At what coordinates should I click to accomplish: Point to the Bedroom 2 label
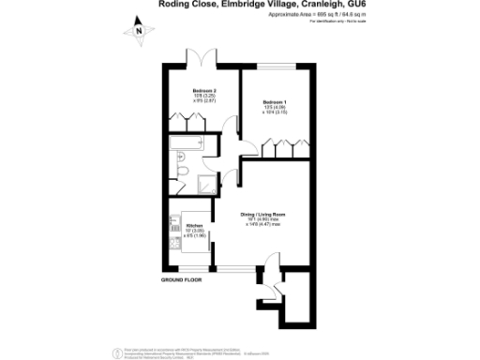point(204,91)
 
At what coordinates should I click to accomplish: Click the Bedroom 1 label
point(275,101)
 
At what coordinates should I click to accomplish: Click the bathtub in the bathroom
point(186,145)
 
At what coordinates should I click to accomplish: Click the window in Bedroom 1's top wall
point(275,65)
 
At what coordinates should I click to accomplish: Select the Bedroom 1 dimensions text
point(275,110)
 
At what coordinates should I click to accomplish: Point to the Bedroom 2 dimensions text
point(204,99)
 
